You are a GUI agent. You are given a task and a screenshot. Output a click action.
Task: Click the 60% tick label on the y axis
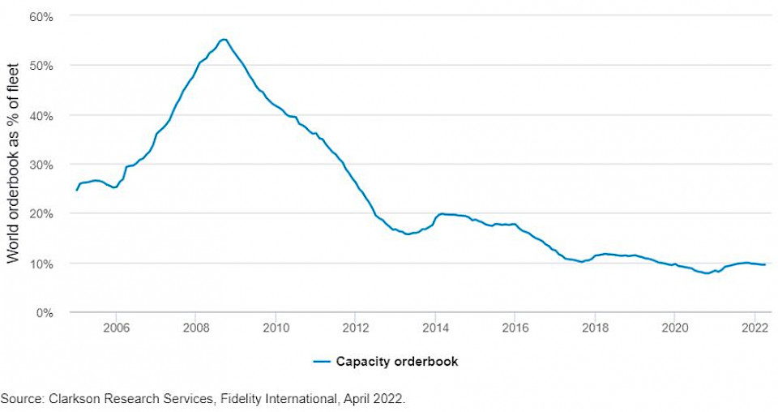(x=42, y=15)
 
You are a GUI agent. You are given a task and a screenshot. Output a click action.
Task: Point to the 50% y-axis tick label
(x=42, y=65)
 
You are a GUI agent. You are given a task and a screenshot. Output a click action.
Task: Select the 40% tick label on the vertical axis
(x=42, y=115)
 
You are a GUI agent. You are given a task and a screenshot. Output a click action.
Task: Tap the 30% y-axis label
(x=42, y=165)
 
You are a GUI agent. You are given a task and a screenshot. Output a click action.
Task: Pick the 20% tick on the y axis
(x=42, y=213)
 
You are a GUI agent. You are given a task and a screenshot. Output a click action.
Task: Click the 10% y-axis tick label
(x=42, y=264)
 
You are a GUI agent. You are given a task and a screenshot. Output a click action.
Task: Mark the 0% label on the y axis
(x=45, y=312)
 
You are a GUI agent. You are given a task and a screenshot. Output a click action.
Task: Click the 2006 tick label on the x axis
(x=116, y=328)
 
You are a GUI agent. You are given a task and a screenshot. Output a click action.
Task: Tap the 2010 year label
(x=276, y=328)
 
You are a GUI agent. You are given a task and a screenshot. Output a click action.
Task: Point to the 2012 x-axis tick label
(x=355, y=328)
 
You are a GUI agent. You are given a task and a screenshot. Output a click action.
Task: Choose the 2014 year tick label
(x=435, y=328)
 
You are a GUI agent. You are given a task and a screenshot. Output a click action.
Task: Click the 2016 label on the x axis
(x=515, y=328)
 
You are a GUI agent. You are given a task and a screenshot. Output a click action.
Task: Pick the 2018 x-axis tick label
(x=595, y=328)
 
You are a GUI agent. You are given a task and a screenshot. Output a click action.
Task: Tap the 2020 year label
(x=675, y=328)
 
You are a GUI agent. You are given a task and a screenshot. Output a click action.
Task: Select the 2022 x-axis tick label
(x=754, y=328)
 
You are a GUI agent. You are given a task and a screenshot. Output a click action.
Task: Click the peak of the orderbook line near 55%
(x=224, y=39)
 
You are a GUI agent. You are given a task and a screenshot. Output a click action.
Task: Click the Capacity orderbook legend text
(x=397, y=362)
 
